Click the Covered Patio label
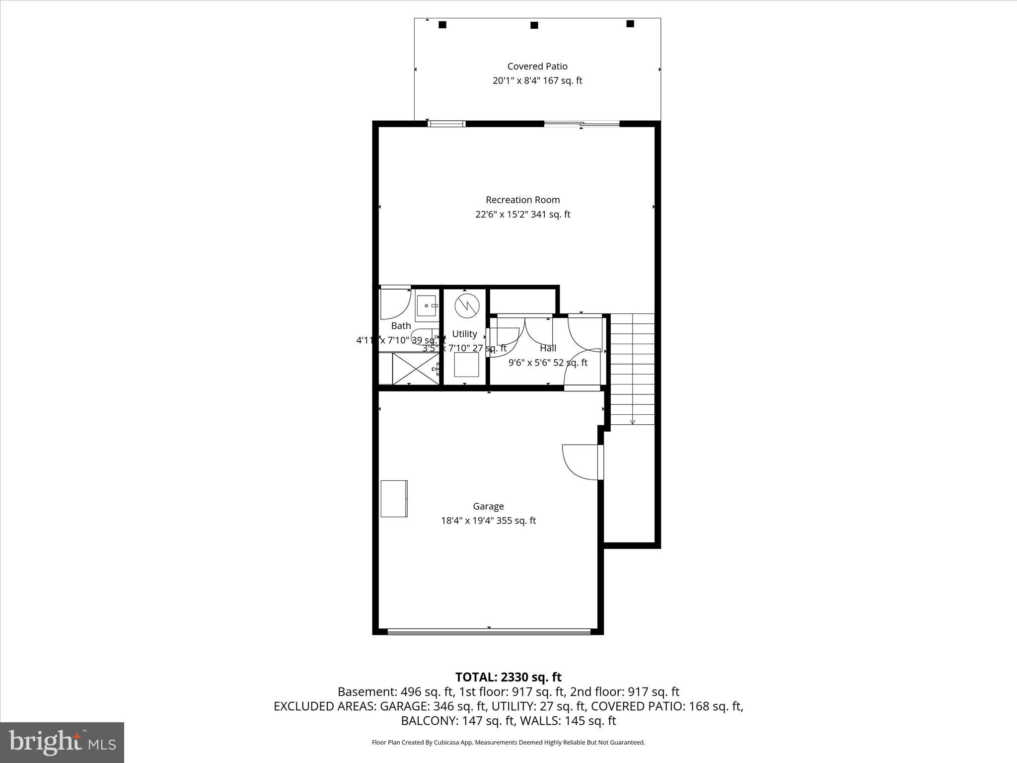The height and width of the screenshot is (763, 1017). pos(537,66)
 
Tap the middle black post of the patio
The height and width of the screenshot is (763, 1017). pos(534,25)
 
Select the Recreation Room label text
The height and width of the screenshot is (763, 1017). pos(522,200)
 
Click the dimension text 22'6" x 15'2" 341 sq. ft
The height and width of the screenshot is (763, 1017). pos(522,215)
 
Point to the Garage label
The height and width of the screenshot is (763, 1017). pos(488,506)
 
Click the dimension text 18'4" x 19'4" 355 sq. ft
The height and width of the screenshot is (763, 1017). pos(488,521)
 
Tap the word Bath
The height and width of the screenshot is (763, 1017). pos(401,326)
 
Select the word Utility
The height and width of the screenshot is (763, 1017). pos(464,334)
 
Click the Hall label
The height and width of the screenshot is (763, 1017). pos(548,348)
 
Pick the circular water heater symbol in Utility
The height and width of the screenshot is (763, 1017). pos(467,305)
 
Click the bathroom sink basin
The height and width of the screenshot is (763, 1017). pos(427,305)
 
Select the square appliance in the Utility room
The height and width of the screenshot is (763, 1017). pos(466,365)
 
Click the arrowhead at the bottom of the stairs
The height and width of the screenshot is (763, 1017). pos(632,422)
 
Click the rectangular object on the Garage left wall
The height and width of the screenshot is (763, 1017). pos(394,498)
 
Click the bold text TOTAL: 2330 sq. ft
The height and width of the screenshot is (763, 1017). pos(508,677)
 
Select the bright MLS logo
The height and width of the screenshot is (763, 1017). pos(62,742)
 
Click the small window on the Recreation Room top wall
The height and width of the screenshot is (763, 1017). pos(446,124)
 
